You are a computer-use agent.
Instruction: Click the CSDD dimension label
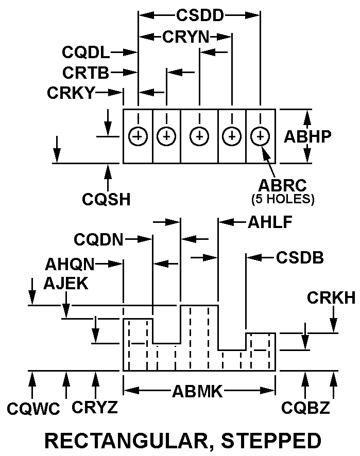[x=200, y=15]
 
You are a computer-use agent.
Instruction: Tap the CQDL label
[x=85, y=52]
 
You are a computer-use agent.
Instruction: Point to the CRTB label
[x=86, y=73]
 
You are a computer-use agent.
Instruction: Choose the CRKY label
[x=71, y=93]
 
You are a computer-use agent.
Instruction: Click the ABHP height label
[x=307, y=136]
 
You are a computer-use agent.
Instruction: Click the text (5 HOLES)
[x=283, y=198]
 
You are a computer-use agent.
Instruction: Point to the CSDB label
[x=300, y=257]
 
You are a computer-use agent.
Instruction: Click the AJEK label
[x=66, y=283]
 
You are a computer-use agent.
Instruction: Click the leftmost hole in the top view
[x=138, y=136]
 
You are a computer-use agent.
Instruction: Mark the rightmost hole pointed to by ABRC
[x=260, y=136]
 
